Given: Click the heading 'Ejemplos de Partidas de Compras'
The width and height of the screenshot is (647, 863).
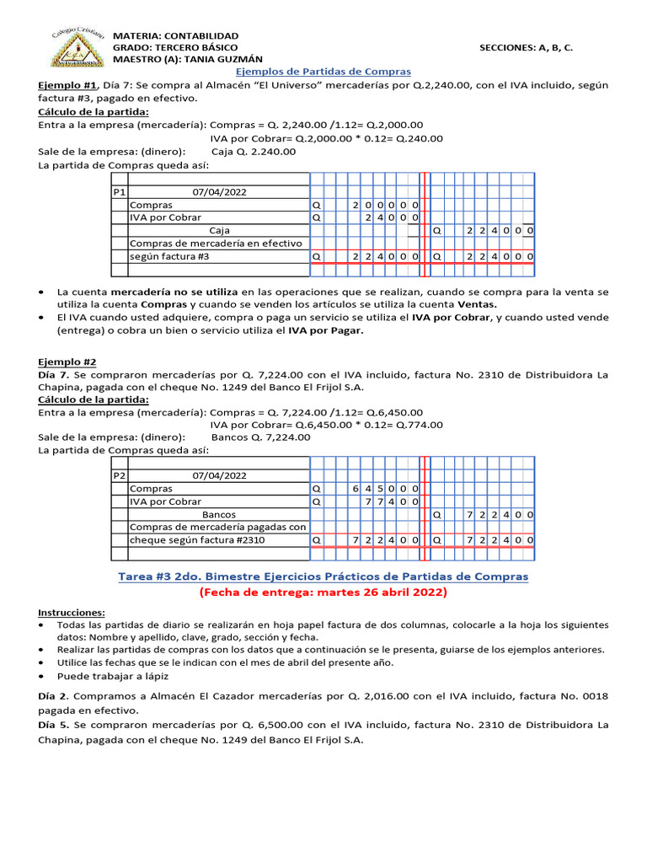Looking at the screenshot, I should pyautogui.click(x=322, y=72).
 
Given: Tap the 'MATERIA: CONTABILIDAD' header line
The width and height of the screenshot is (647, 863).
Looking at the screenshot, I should pyautogui.click(x=175, y=36).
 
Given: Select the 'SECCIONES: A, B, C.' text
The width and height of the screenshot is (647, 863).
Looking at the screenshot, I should pyautogui.click(x=526, y=48).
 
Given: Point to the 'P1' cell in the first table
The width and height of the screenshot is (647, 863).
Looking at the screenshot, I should pyautogui.click(x=119, y=192).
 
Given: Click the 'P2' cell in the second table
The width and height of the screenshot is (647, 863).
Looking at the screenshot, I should pyautogui.click(x=119, y=475).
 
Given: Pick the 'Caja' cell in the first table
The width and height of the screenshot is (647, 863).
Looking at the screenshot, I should pyautogui.click(x=219, y=230).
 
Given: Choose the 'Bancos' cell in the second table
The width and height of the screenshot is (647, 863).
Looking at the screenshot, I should pyautogui.click(x=219, y=514).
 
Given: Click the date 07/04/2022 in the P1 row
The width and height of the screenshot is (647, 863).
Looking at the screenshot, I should pyautogui.click(x=220, y=192).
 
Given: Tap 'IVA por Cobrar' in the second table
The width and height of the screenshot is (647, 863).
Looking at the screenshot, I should pyautogui.click(x=165, y=501).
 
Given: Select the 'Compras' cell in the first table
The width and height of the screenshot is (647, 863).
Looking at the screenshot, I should pyautogui.click(x=151, y=205).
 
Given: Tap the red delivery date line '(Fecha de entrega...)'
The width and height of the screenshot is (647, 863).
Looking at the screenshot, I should pyautogui.click(x=323, y=592).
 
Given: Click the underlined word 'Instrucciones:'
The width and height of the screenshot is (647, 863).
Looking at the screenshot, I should pyautogui.click(x=72, y=612).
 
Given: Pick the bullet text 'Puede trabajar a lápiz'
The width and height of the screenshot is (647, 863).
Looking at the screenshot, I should pyautogui.click(x=113, y=676).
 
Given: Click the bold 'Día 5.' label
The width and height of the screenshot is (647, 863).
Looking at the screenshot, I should pyautogui.click(x=55, y=725).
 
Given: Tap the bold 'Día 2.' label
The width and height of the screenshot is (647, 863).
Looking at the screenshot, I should pyautogui.click(x=55, y=697).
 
